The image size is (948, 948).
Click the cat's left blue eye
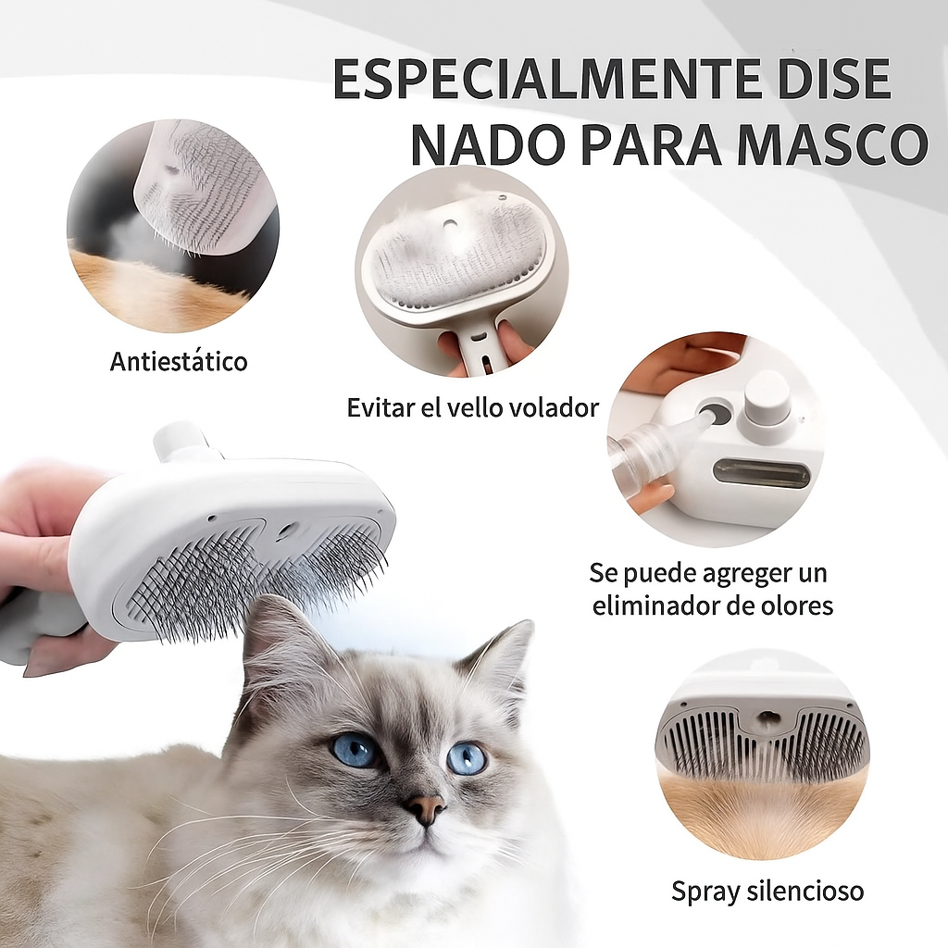pyautogui.click(x=355, y=749)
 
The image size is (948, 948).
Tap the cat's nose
pyautogui.click(x=425, y=808)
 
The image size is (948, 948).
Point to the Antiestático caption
pyautogui.click(x=179, y=361)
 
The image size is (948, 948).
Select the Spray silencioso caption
pyautogui.click(x=767, y=892)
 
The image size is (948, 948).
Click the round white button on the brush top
pyautogui.click(x=767, y=396)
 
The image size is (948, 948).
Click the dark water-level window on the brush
pyautogui.click(x=761, y=473)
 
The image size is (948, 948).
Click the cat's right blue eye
pyautogui.click(x=467, y=757)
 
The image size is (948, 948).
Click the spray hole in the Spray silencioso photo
pyautogui.click(x=767, y=717)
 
